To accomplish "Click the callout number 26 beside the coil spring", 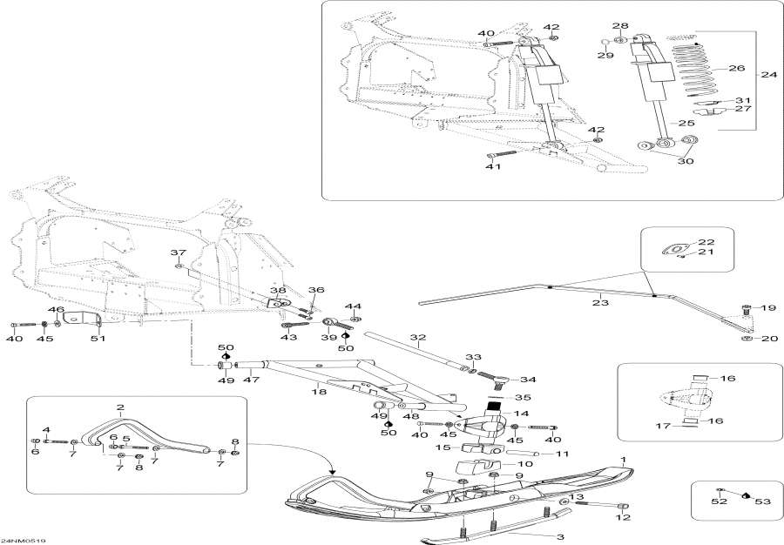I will point(737,68).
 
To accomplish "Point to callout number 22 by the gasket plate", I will point(706,242).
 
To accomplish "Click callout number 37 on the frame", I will point(179,252).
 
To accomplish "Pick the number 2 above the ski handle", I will point(120,407).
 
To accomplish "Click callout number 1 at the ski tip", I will point(623,459).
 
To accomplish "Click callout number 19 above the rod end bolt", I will point(768,308).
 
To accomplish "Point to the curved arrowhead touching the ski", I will point(333,472).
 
